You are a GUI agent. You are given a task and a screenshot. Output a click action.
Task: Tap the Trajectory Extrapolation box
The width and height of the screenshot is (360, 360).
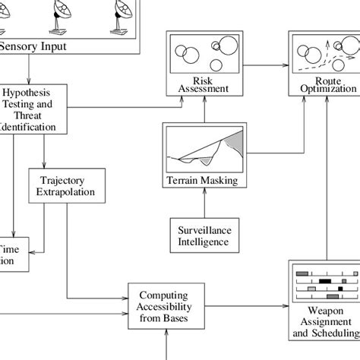[x=66, y=186]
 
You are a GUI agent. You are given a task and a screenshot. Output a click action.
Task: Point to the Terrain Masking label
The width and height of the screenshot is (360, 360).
[x=202, y=181]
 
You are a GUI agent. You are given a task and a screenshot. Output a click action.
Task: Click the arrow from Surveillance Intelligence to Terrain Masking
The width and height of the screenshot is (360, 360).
[x=202, y=204]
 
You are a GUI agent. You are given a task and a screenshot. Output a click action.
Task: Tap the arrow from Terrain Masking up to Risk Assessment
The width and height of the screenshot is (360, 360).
[x=202, y=110]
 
